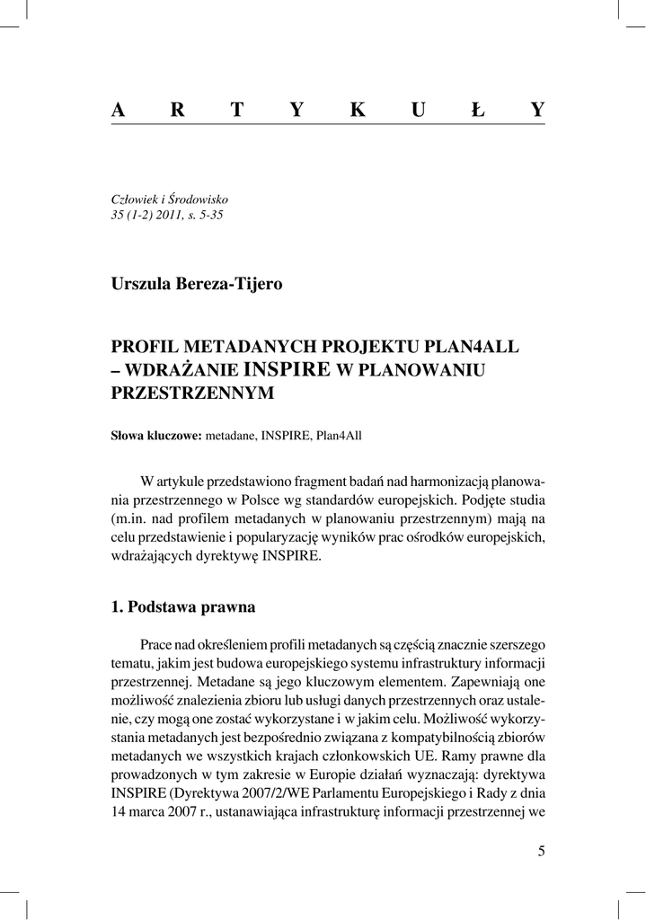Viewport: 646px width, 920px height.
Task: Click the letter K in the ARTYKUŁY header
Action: (x=358, y=110)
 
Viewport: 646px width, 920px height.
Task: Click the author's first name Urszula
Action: (x=139, y=284)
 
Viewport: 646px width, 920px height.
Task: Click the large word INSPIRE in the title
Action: (x=287, y=368)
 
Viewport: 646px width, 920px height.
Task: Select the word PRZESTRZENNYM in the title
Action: (x=192, y=393)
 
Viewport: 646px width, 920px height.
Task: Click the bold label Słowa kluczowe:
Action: (x=157, y=435)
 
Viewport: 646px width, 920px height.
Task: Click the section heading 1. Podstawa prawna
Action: (x=183, y=606)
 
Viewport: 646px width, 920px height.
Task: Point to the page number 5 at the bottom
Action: (x=541, y=851)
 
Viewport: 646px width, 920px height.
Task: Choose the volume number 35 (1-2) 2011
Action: (x=148, y=216)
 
